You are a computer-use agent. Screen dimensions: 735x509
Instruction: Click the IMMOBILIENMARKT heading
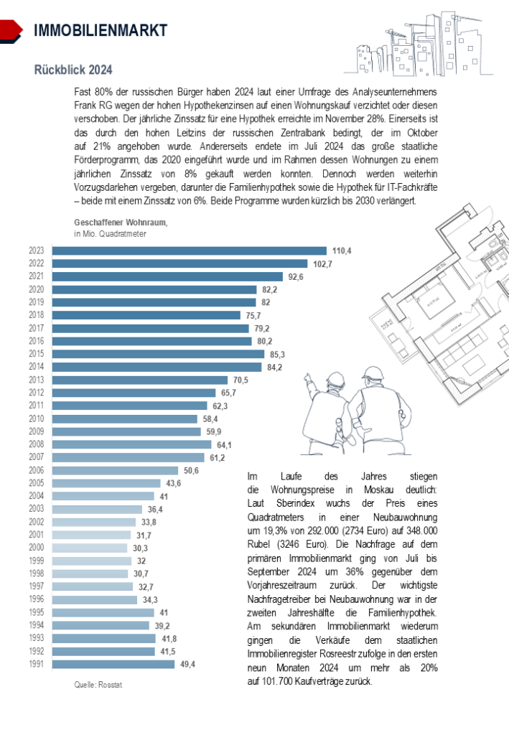(101, 30)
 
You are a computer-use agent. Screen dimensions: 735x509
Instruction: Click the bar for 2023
(190, 251)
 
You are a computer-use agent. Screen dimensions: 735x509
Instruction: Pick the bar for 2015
(159, 354)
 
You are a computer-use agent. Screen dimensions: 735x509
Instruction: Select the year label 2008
(37, 445)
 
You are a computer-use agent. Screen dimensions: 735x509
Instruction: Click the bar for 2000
(90, 548)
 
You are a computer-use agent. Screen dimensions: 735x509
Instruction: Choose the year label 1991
(37, 664)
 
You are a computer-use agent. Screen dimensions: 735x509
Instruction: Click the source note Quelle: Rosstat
(98, 685)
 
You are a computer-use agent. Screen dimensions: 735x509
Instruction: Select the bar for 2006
(115, 470)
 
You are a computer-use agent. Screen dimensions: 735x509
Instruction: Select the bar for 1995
(103, 612)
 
